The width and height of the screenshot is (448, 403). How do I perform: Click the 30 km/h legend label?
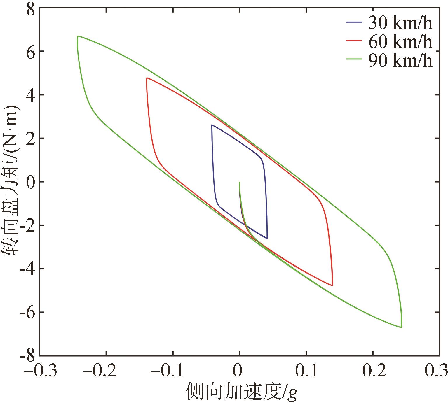pos(400,23)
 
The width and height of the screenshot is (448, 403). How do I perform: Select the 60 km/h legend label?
pos(400,42)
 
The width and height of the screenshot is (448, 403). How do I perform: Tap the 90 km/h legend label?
pos(400,61)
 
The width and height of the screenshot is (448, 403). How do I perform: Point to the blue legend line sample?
pos(354,22)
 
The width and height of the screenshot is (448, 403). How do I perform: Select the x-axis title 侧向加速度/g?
pos(242,391)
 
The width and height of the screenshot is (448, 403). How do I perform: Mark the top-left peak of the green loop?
pos(78,36)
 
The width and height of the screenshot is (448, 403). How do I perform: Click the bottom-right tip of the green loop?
pos(401,327)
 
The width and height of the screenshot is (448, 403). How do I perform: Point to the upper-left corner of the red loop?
pos(147,78)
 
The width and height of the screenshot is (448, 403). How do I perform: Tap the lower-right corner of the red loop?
pos(332,285)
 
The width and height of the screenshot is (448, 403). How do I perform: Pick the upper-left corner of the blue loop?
pos(212,125)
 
